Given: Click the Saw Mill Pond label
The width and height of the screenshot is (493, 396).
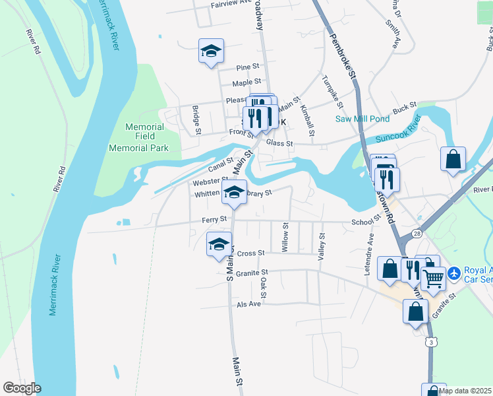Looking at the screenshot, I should [362, 119].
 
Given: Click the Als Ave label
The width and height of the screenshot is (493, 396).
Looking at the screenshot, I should [249, 304].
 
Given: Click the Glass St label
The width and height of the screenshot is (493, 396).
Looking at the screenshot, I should [279, 143].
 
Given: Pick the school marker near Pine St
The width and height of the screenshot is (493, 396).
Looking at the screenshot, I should [211, 51].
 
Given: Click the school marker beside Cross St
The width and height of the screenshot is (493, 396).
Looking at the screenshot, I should [219, 244].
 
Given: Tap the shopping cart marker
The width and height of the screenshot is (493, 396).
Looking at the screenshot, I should [433, 279].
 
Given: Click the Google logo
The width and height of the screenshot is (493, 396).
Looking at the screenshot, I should [22, 388].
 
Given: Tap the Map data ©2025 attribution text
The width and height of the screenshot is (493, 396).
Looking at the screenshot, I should [465, 391].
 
